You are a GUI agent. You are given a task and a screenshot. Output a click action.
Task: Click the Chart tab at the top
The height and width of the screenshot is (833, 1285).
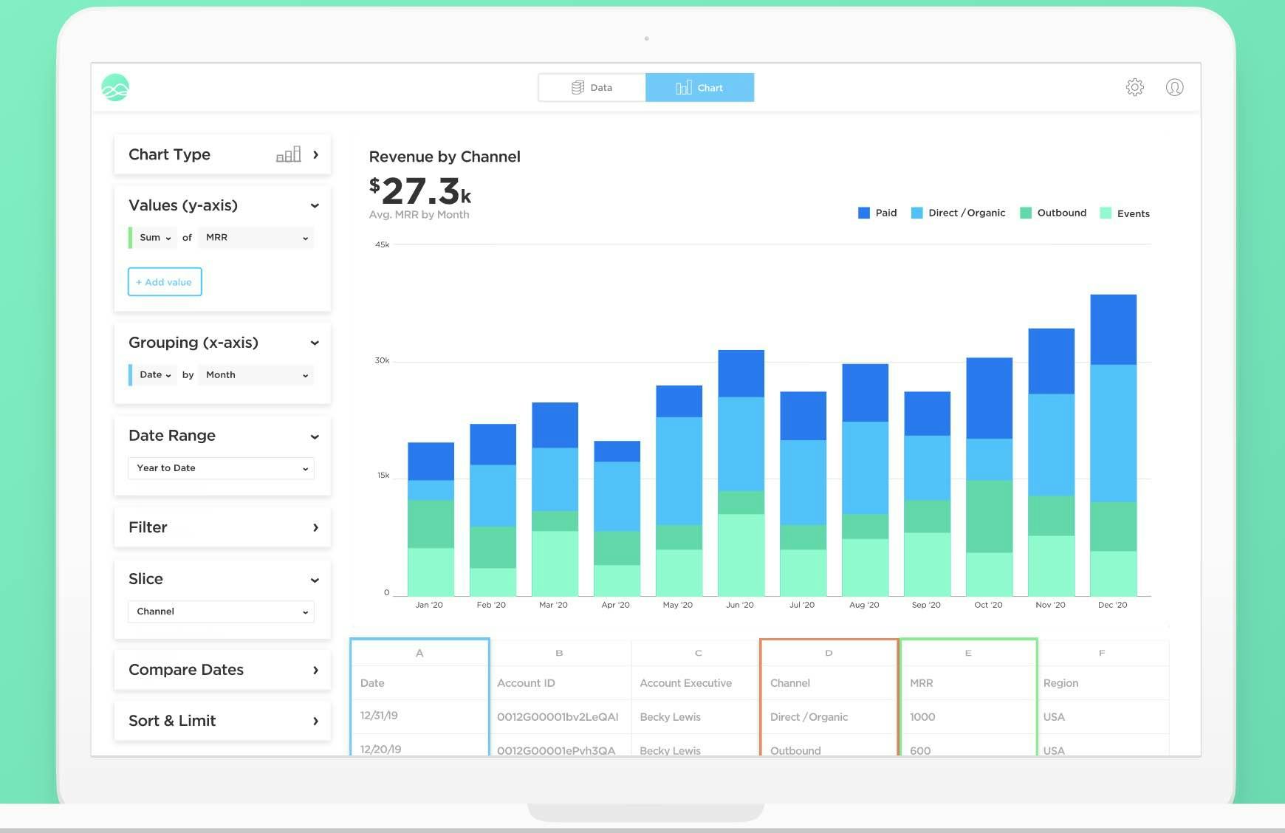click(x=699, y=87)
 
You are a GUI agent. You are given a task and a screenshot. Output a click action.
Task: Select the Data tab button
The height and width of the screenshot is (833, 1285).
click(x=592, y=87)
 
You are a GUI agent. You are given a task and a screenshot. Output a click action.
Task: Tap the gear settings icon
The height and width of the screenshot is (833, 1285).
click(x=1134, y=87)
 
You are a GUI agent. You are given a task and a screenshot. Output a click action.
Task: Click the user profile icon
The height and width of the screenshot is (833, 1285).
click(x=1174, y=87)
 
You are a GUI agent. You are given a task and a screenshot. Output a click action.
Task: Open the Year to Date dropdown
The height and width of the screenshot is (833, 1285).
click(x=221, y=468)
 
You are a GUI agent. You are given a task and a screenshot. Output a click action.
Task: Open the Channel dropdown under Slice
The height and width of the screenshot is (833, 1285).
click(x=221, y=611)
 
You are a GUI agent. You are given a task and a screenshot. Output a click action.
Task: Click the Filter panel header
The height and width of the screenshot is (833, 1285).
click(x=222, y=527)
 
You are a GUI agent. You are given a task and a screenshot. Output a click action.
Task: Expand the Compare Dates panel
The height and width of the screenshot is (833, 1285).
click(x=222, y=670)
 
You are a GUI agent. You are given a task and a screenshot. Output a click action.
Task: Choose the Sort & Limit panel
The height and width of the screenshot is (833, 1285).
click(x=222, y=721)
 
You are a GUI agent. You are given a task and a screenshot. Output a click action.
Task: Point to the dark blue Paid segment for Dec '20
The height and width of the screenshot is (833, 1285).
click(x=1113, y=329)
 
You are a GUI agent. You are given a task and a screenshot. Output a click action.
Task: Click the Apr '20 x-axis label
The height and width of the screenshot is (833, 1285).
click(x=615, y=605)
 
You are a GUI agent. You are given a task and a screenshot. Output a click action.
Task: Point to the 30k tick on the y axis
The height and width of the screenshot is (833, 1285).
click(x=382, y=360)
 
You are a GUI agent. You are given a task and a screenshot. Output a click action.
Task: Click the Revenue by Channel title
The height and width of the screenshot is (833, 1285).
click(x=445, y=157)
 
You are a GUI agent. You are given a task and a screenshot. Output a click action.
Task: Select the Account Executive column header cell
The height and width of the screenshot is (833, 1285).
click(x=685, y=683)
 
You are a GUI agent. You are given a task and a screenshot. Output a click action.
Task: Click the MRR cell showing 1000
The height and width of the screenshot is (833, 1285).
click(x=922, y=717)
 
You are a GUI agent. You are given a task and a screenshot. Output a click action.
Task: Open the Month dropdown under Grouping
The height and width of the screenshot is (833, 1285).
click(x=256, y=375)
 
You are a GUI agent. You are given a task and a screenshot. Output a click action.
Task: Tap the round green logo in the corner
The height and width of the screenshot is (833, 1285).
click(x=115, y=88)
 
